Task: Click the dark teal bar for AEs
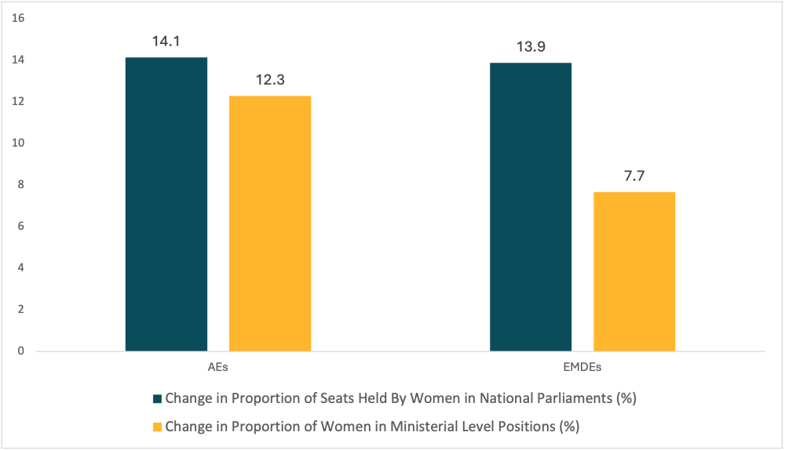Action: pyautogui.click(x=166, y=204)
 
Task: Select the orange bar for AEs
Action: pyautogui.click(x=270, y=223)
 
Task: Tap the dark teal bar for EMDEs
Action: pyautogui.click(x=531, y=206)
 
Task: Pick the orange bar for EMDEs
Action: pyautogui.click(x=634, y=271)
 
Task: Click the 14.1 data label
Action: pyautogui.click(x=166, y=42)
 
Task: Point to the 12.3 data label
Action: pyautogui.click(x=270, y=80)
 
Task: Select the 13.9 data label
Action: pyautogui.click(x=531, y=47)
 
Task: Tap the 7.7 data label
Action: pyautogui.click(x=634, y=176)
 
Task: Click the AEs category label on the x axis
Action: pyautogui.click(x=218, y=366)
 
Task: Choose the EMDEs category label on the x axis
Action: pyautogui.click(x=582, y=366)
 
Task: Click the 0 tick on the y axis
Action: pyautogui.click(x=21, y=351)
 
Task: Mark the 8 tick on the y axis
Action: pyautogui.click(x=21, y=185)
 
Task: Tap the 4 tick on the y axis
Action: pyautogui.click(x=21, y=268)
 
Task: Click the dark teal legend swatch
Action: pyautogui.click(x=157, y=398)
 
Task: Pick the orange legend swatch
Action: pyautogui.click(x=157, y=426)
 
